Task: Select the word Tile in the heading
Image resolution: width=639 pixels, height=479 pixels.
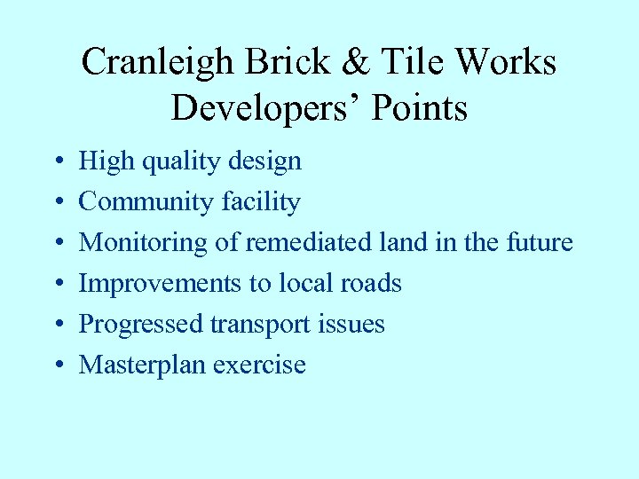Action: pyautogui.click(x=407, y=63)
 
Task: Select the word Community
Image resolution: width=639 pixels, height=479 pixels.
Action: pyautogui.click(x=138, y=202)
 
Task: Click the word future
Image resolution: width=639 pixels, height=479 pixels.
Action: pyautogui.click(x=540, y=242)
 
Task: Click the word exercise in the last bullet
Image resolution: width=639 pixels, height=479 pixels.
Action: pyautogui.click(x=264, y=365)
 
